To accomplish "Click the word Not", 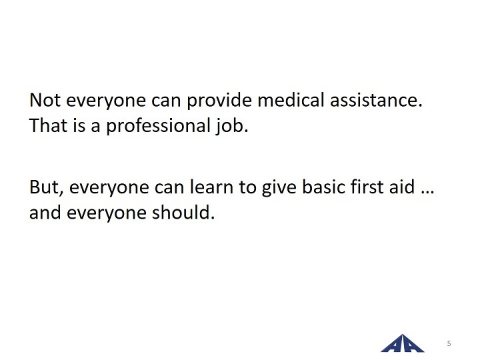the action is (x=45, y=100).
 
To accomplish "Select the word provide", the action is (x=219, y=101).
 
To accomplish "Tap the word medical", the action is (x=291, y=100).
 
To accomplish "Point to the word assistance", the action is (x=376, y=101).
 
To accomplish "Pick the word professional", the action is (x=158, y=126).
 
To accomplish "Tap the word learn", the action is (x=211, y=187).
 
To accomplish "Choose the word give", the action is (x=279, y=188).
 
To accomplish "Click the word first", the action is (x=367, y=187).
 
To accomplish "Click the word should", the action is (x=183, y=213).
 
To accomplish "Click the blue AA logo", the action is (x=402, y=343).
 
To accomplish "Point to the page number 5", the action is (x=449, y=343).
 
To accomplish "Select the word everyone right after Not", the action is (x=106, y=101).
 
